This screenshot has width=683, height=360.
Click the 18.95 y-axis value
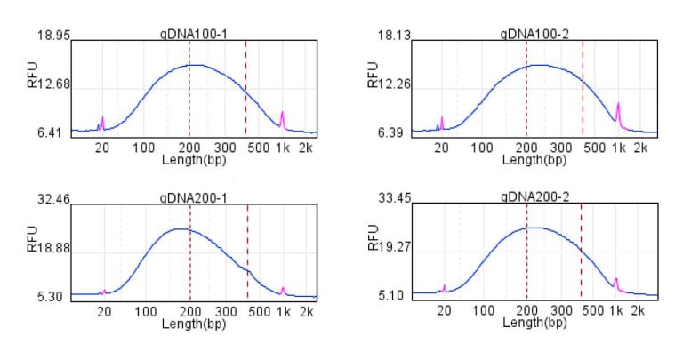[52, 36]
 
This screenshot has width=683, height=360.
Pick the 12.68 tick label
[52, 85]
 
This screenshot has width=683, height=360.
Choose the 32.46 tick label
[52, 200]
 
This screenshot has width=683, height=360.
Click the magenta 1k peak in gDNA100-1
[282, 117]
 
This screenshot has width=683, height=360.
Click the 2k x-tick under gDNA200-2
[640, 312]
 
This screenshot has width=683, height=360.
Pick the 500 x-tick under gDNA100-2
[588, 149]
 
